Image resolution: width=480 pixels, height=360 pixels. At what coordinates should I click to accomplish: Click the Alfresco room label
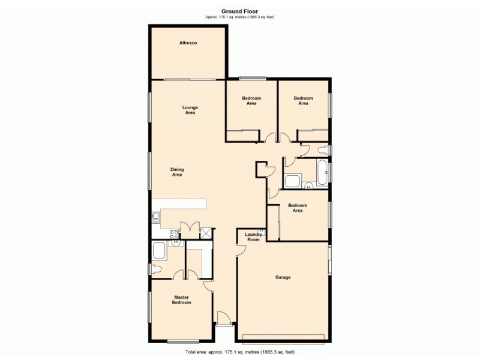tap(188, 43)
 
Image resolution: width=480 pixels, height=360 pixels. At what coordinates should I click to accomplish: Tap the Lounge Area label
tap(190, 110)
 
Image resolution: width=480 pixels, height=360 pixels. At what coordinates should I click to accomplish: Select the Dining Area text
tap(177, 172)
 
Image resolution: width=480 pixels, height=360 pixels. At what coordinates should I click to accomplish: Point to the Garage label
tap(283, 277)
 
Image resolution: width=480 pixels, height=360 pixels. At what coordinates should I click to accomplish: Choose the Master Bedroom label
tap(182, 300)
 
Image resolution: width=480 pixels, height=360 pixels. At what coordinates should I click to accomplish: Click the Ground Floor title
tap(239, 11)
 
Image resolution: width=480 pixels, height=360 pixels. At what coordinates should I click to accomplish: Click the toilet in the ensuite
tap(156, 269)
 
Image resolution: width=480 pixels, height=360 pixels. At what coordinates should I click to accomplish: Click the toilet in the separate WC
tap(324, 150)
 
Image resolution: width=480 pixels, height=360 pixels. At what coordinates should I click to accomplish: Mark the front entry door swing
tap(222, 319)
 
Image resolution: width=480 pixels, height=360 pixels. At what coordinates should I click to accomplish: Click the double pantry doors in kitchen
tap(190, 229)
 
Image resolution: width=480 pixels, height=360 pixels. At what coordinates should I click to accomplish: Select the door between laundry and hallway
tap(242, 251)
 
